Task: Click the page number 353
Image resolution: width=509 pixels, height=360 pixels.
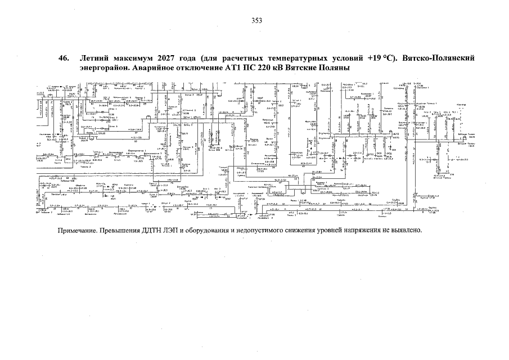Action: coord(257,21)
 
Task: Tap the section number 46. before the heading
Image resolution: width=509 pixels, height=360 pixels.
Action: coord(64,58)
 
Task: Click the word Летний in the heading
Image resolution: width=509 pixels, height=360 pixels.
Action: coord(96,58)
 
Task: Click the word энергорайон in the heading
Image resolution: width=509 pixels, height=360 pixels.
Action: coord(107,68)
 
